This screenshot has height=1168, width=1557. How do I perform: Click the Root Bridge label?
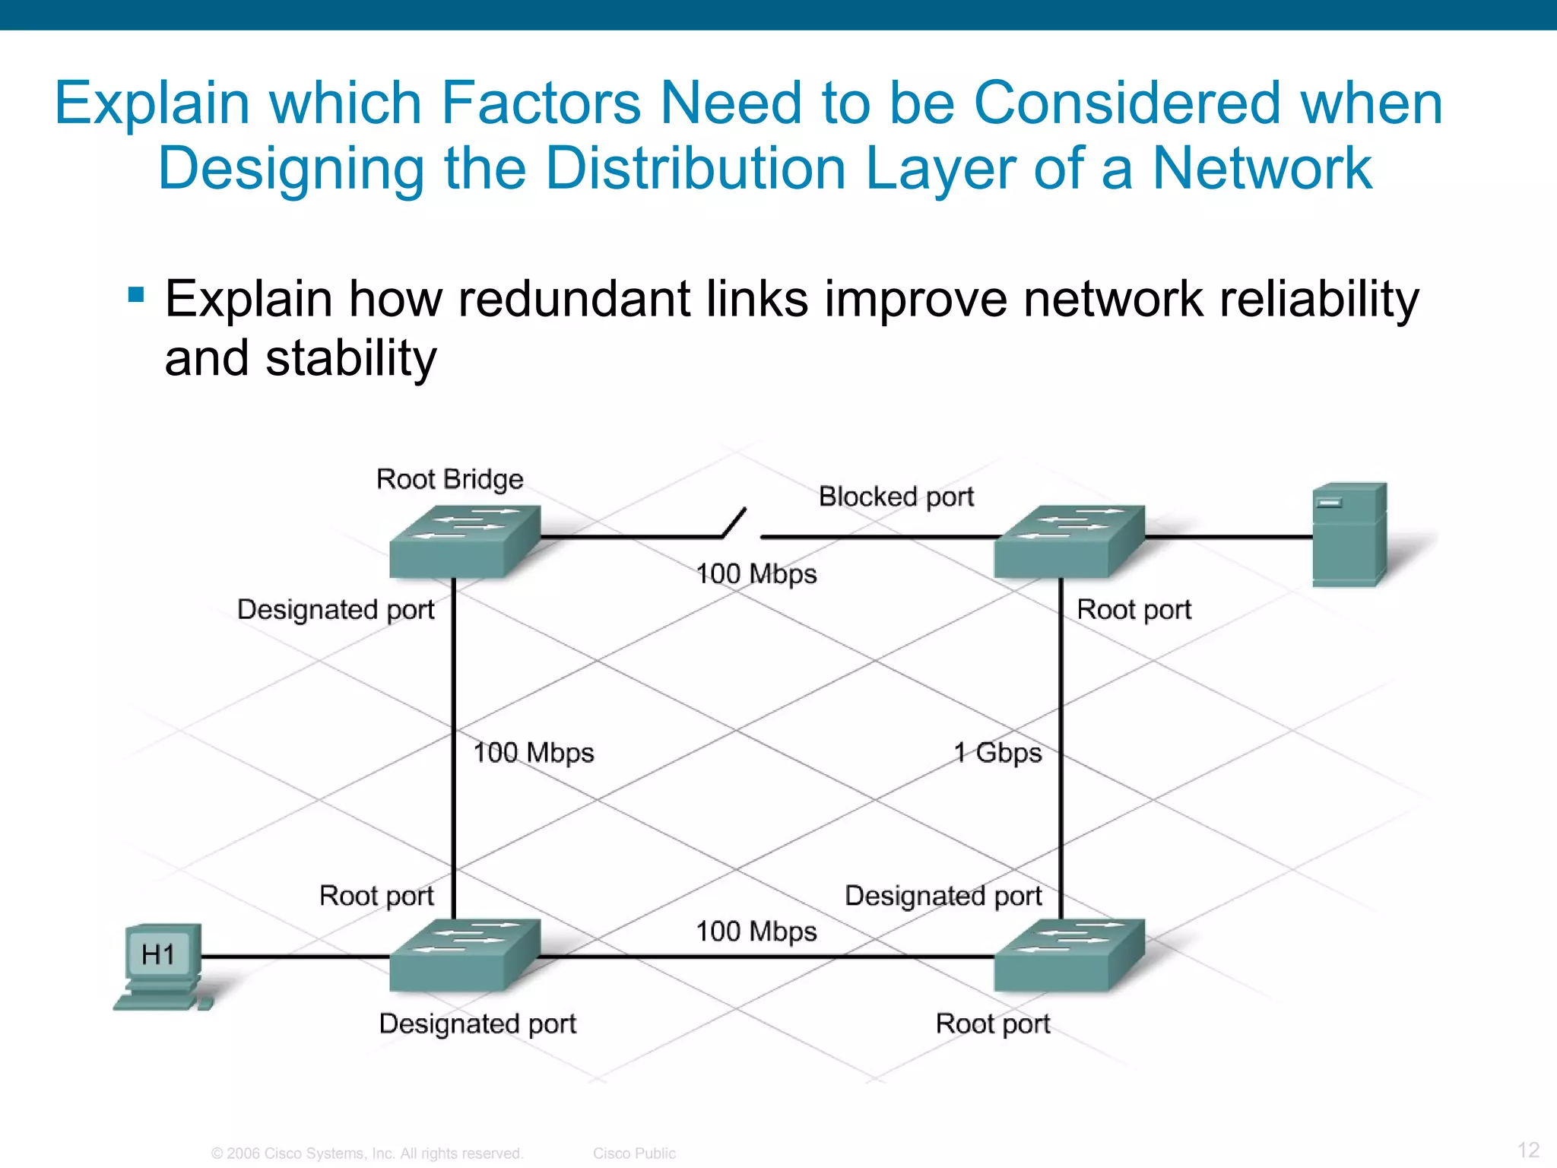449,480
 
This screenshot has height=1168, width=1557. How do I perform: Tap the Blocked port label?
896,497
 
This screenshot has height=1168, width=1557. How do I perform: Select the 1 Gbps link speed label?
997,753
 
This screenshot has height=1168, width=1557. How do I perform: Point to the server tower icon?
1349,534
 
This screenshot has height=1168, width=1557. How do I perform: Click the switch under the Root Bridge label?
464,541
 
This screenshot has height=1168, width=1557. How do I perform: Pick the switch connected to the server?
1068,541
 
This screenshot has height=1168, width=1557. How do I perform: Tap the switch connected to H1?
464,955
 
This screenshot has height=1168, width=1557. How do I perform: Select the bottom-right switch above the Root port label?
1068,955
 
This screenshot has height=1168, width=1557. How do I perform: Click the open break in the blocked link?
741,528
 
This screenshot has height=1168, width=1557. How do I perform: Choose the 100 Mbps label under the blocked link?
756,574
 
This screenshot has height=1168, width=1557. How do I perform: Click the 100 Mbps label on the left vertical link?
533,753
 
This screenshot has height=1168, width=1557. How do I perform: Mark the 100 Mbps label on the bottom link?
756,932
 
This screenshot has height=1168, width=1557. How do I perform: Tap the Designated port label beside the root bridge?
335,610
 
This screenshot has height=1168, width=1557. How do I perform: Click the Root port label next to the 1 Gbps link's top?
1134,610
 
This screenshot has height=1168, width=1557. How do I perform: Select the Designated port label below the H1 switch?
477,1024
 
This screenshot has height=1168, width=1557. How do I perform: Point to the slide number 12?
1528,1150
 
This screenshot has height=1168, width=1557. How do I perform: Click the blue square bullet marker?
136,294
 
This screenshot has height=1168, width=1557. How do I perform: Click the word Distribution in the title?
695,169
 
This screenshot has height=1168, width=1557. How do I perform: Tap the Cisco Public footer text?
634,1154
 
